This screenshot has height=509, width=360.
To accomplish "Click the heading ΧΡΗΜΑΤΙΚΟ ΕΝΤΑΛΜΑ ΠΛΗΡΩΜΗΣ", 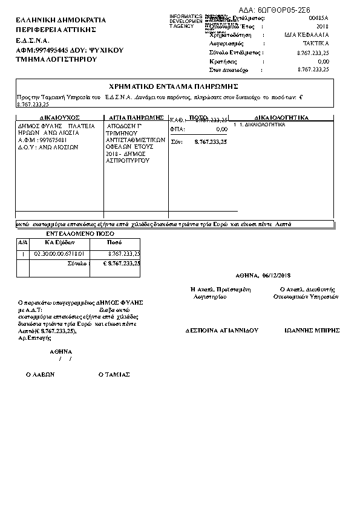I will [173, 86].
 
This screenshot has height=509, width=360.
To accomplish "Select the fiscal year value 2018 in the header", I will [322, 27].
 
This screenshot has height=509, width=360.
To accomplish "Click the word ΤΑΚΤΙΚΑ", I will [316, 44].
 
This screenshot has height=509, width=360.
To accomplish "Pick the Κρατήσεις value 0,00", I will [323, 61].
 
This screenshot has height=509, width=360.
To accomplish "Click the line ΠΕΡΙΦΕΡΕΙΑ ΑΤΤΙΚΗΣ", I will [61, 30].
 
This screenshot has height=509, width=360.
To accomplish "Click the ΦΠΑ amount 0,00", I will [221, 129].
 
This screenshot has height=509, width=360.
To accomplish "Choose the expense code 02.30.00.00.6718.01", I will [59, 253].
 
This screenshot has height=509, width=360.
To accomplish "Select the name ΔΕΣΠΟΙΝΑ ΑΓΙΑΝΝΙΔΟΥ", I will [221, 331].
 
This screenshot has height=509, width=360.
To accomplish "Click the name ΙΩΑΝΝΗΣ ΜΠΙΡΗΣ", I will [312, 331].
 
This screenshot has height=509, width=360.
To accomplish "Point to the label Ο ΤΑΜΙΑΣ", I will [114, 374].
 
